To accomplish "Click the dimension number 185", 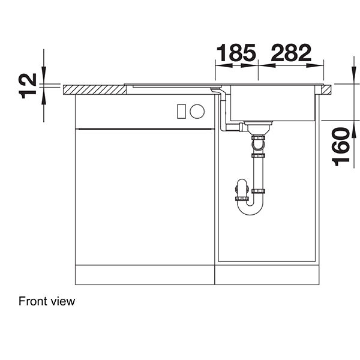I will coord(236,53).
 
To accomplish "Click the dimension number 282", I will coord(291,53).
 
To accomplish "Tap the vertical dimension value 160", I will coord(340,146).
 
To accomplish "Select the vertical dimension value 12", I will coord(28,85).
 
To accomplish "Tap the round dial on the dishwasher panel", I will coord(197,111).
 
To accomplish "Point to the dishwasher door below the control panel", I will coord(144,198).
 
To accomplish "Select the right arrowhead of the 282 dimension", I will coord(321,62).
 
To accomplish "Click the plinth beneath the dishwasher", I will coord(144,277).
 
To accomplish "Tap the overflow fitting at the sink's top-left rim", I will coord(214,89).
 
